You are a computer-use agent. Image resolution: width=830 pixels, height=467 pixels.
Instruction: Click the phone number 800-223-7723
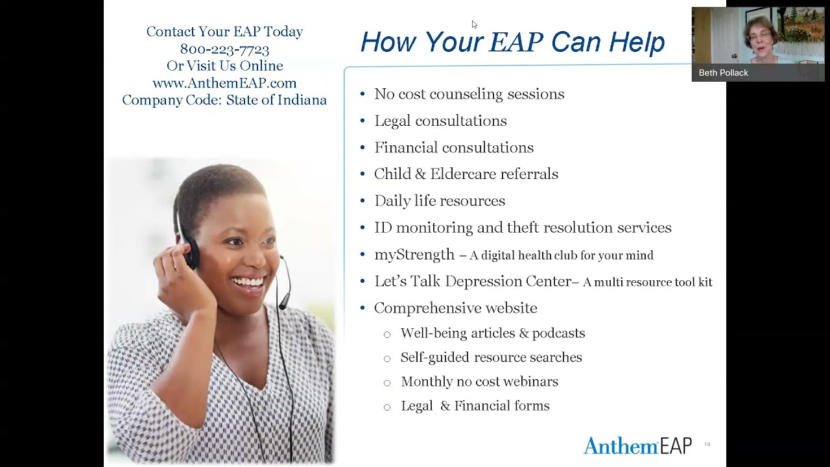point(224,49)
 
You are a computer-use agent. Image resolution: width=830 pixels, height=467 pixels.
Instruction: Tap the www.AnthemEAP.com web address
point(224,83)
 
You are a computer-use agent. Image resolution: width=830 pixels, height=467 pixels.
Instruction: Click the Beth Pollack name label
point(723,73)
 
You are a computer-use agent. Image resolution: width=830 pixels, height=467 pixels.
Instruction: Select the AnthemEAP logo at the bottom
point(637,446)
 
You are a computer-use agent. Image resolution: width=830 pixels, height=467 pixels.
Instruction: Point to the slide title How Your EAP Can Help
point(512,42)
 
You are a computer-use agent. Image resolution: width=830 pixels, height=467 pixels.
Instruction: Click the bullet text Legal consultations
point(440,121)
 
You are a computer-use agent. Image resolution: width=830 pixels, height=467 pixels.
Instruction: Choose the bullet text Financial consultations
point(454,147)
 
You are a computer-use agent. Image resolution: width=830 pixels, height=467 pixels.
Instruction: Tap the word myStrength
point(414,254)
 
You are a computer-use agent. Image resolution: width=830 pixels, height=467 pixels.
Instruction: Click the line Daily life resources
point(440,200)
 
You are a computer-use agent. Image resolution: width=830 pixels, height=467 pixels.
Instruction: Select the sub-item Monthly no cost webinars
point(479,381)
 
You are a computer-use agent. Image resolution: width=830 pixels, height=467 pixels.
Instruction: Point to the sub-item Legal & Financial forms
point(475,405)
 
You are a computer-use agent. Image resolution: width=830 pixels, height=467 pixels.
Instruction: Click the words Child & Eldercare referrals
point(466,174)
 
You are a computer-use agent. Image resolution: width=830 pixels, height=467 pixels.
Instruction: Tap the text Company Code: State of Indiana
point(224,100)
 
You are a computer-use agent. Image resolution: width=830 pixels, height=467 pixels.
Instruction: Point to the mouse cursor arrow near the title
point(474,24)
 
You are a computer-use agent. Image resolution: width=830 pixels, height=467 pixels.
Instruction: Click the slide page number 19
point(707,444)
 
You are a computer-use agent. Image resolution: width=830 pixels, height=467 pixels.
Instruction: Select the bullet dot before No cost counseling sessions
point(362,94)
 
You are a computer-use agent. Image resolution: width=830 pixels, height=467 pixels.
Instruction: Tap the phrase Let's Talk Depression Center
point(473,281)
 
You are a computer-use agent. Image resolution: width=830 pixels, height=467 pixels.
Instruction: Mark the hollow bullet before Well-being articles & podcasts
point(387,334)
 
